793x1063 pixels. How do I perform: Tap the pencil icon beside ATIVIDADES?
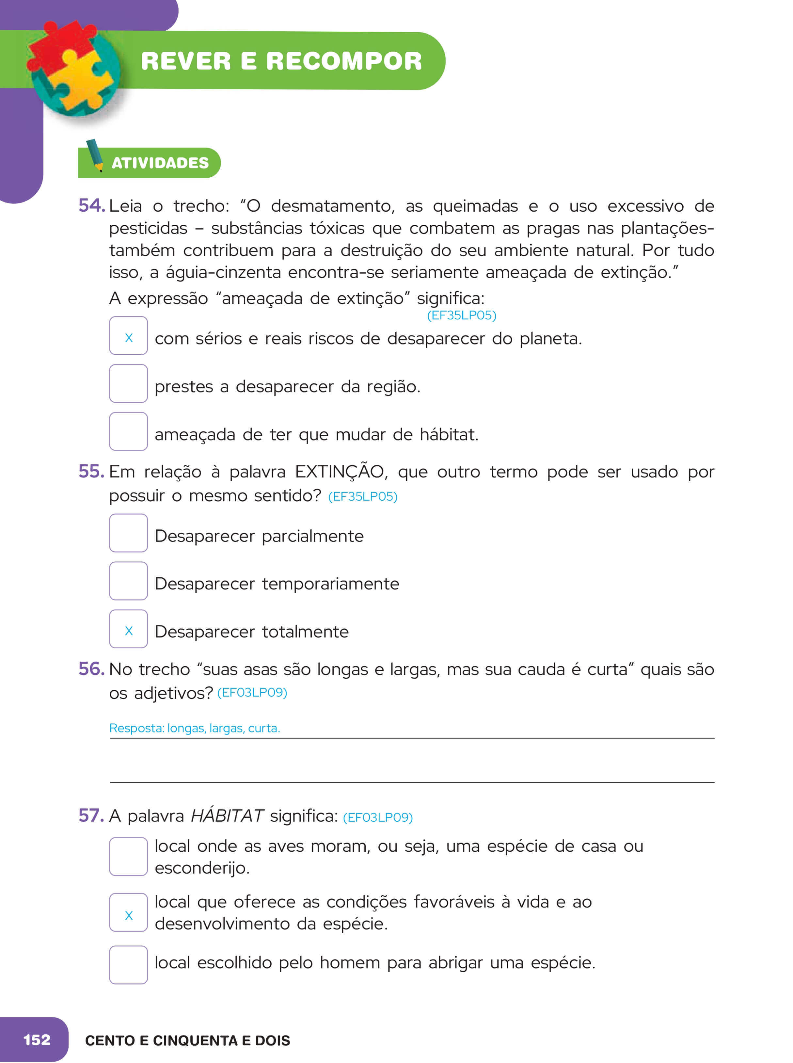click(x=95, y=154)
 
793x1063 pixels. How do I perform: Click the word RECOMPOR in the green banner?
click(x=344, y=61)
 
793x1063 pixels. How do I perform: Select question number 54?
click(x=91, y=205)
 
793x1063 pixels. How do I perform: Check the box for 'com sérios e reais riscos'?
click(x=128, y=336)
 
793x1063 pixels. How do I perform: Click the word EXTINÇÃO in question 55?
click(x=340, y=472)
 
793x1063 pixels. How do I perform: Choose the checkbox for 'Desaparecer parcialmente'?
click(x=128, y=533)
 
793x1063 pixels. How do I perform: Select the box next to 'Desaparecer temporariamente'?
click(x=128, y=581)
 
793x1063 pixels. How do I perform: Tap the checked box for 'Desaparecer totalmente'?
click(x=128, y=629)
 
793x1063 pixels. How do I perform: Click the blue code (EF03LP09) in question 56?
click(x=252, y=692)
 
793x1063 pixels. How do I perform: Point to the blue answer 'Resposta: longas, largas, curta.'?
click(x=194, y=728)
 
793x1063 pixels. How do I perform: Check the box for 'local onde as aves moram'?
click(x=128, y=857)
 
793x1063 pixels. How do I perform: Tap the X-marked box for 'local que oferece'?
click(x=128, y=912)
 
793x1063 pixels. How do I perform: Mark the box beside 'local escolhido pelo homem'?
click(x=128, y=965)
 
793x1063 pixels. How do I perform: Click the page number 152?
click(x=37, y=1040)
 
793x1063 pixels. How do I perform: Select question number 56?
click(x=91, y=669)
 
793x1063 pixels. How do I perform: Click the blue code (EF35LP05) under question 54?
click(x=461, y=315)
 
